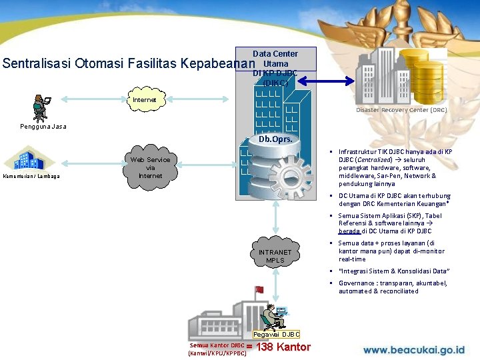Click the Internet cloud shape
(145, 100)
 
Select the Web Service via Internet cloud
(150, 167)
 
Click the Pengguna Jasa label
(43, 126)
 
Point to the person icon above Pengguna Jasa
(41, 107)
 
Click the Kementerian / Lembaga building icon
(28, 160)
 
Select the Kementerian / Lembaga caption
(31, 176)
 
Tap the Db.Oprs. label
(274, 140)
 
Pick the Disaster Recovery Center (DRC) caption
(401, 110)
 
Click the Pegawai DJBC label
(277, 334)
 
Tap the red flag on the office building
(259, 289)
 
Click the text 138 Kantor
(283, 347)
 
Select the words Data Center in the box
(275, 53)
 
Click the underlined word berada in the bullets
(349, 231)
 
